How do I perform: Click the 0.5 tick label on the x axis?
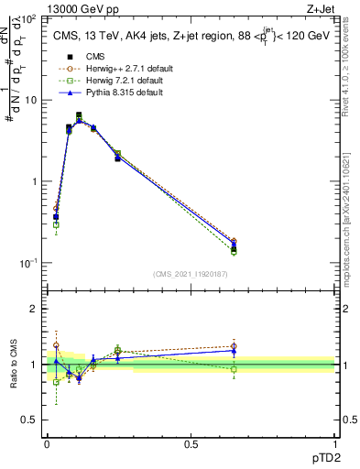point(191,443)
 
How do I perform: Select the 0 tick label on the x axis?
point(47,443)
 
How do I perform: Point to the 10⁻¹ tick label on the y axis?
point(27,263)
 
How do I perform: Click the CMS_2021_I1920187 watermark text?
point(190,274)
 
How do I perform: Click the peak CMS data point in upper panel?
point(79,115)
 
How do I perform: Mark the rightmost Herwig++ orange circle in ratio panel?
point(234,346)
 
